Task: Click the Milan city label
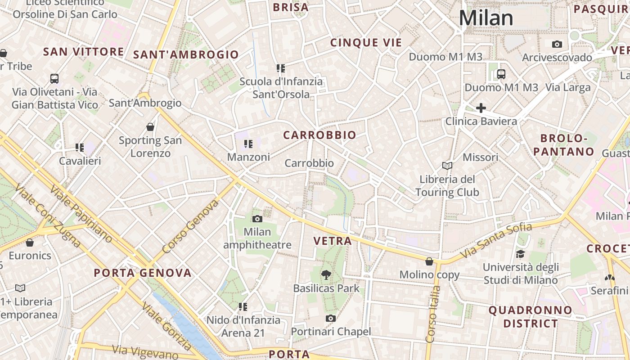pyautogui.click(x=486, y=18)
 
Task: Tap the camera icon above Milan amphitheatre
pyautogui.click(x=257, y=219)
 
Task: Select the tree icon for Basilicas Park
pyautogui.click(x=326, y=274)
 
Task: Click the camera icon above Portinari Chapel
pyautogui.click(x=331, y=319)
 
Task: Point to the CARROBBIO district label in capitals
pyautogui.click(x=319, y=135)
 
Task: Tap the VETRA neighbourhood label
pyautogui.click(x=333, y=241)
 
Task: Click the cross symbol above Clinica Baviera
pyautogui.click(x=481, y=108)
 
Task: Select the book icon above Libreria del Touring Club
pyautogui.click(x=447, y=166)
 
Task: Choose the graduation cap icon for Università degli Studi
pyautogui.click(x=521, y=254)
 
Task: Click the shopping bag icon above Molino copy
pyautogui.click(x=429, y=261)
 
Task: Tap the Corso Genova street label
pyautogui.click(x=190, y=226)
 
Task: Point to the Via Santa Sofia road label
pyautogui.click(x=496, y=241)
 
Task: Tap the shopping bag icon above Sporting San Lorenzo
pyautogui.click(x=150, y=127)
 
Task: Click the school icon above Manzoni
pyautogui.click(x=248, y=144)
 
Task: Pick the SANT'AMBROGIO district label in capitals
pyautogui.click(x=186, y=55)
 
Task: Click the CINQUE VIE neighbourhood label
pyautogui.click(x=366, y=43)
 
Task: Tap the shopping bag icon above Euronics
pyautogui.click(x=30, y=243)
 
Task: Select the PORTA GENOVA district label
pyautogui.click(x=143, y=273)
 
